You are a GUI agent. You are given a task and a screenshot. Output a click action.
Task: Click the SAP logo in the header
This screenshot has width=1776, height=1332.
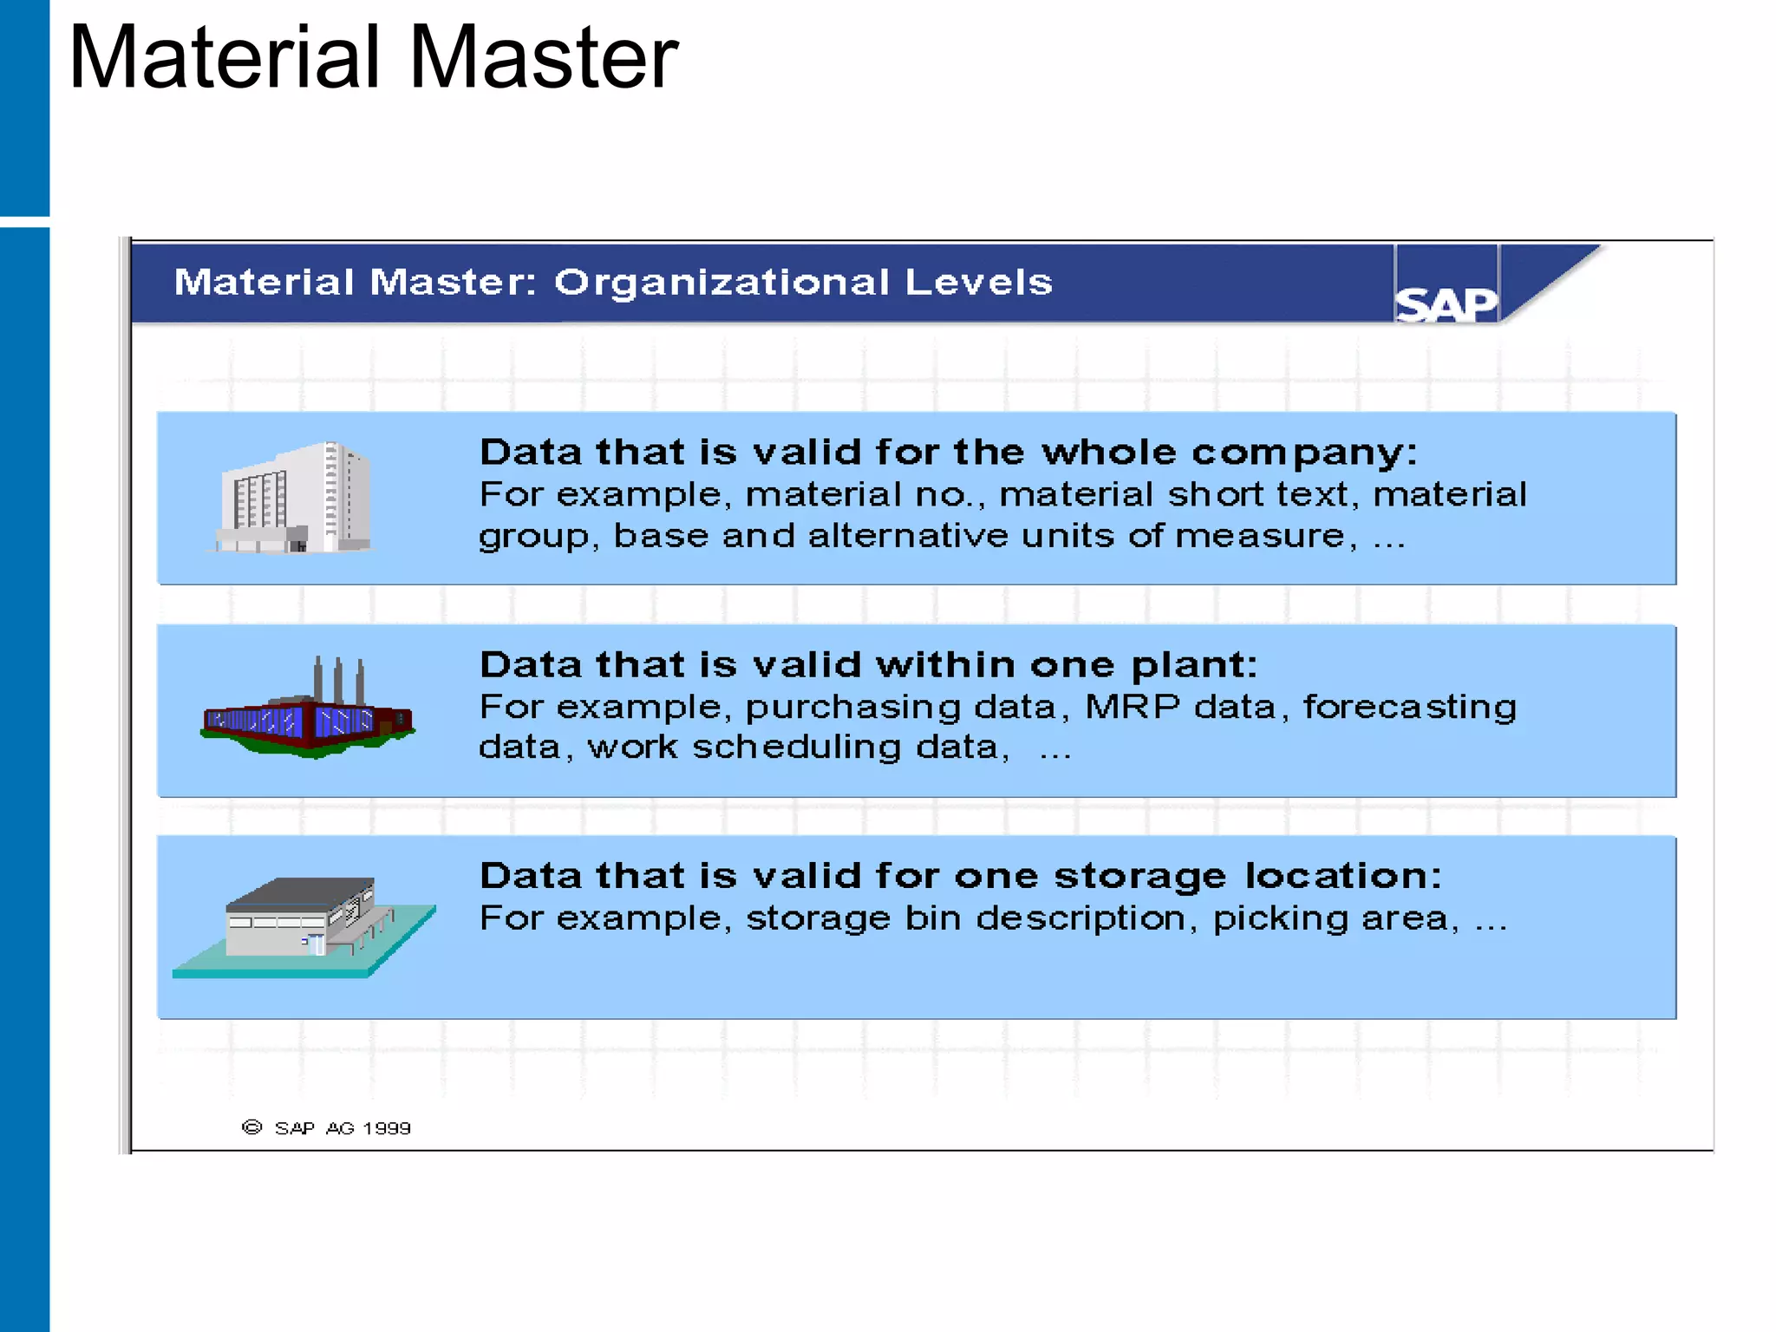click(x=1446, y=304)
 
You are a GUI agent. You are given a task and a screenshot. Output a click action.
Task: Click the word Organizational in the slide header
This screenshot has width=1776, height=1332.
click(x=721, y=283)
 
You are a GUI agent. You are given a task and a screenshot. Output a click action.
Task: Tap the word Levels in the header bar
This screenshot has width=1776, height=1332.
click(x=977, y=283)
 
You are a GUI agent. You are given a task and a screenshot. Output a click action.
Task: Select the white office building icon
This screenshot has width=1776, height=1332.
click(x=296, y=498)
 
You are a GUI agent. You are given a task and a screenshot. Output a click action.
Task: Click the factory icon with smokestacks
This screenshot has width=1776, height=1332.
click(x=308, y=711)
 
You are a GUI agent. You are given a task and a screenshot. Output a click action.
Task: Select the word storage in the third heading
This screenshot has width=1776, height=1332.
click(x=1139, y=876)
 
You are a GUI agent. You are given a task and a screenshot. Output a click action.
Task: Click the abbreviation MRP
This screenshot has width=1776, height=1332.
click(x=1132, y=707)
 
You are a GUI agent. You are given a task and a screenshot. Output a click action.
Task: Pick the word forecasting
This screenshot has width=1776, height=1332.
click(x=1409, y=707)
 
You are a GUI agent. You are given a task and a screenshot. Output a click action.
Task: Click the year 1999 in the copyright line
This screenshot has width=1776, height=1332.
click(x=387, y=1128)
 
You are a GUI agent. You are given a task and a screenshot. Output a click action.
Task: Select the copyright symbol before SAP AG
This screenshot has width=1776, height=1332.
click(x=251, y=1127)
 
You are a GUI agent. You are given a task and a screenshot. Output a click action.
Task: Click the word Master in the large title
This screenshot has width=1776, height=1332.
click(x=543, y=57)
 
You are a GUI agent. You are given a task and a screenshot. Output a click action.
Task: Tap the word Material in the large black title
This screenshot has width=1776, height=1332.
click(x=225, y=57)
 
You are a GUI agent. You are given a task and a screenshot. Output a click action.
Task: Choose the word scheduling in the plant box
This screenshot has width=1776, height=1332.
click(x=796, y=748)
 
